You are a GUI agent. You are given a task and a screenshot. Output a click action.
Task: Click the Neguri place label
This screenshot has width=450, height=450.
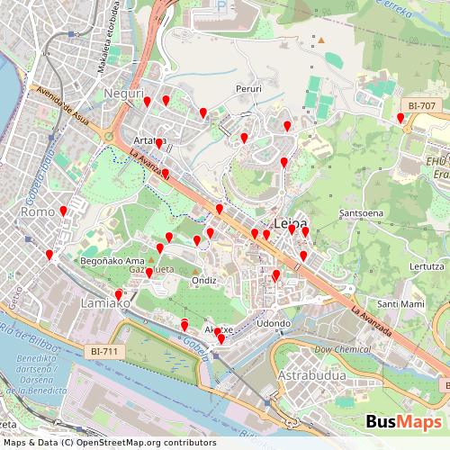(x=124, y=94)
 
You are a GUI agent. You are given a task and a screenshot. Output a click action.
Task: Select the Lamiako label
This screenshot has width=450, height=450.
(x=106, y=304)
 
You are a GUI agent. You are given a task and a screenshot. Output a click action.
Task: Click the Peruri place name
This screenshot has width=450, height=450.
(x=248, y=89)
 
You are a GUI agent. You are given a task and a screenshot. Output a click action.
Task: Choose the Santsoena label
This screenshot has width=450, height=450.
(x=359, y=213)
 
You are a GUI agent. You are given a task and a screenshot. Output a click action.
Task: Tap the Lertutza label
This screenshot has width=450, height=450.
(x=426, y=266)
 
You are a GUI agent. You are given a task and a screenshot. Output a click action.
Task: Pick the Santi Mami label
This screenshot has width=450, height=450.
(x=400, y=304)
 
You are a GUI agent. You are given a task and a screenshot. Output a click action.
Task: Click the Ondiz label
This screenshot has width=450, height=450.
(x=203, y=280)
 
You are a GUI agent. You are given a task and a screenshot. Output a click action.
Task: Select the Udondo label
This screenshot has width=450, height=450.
(x=274, y=323)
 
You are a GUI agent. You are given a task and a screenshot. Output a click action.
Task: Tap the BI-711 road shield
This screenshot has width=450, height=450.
(x=103, y=351)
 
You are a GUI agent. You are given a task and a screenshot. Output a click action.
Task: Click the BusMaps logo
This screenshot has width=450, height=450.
(x=403, y=422)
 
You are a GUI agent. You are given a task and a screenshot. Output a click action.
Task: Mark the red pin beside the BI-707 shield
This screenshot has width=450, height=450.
(x=400, y=118)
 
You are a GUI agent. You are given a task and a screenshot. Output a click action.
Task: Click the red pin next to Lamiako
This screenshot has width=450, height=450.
(x=118, y=295)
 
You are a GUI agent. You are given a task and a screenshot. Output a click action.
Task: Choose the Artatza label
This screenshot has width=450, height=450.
(x=145, y=140)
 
